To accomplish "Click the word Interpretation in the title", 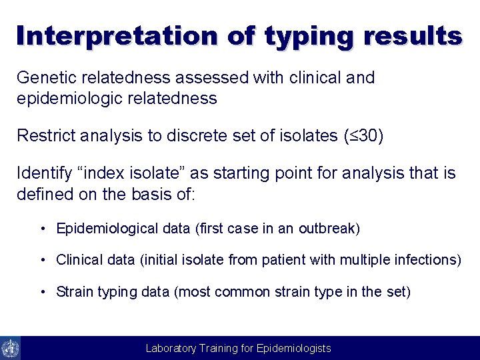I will (117, 35).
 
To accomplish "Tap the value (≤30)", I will (363, 136).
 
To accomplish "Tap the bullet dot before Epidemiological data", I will (42, 229).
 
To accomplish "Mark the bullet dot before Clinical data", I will (42, 260).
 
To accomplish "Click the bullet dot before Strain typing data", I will (42, 291).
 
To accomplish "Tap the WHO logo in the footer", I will (10, 348).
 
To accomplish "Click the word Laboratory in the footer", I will (171, 348).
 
